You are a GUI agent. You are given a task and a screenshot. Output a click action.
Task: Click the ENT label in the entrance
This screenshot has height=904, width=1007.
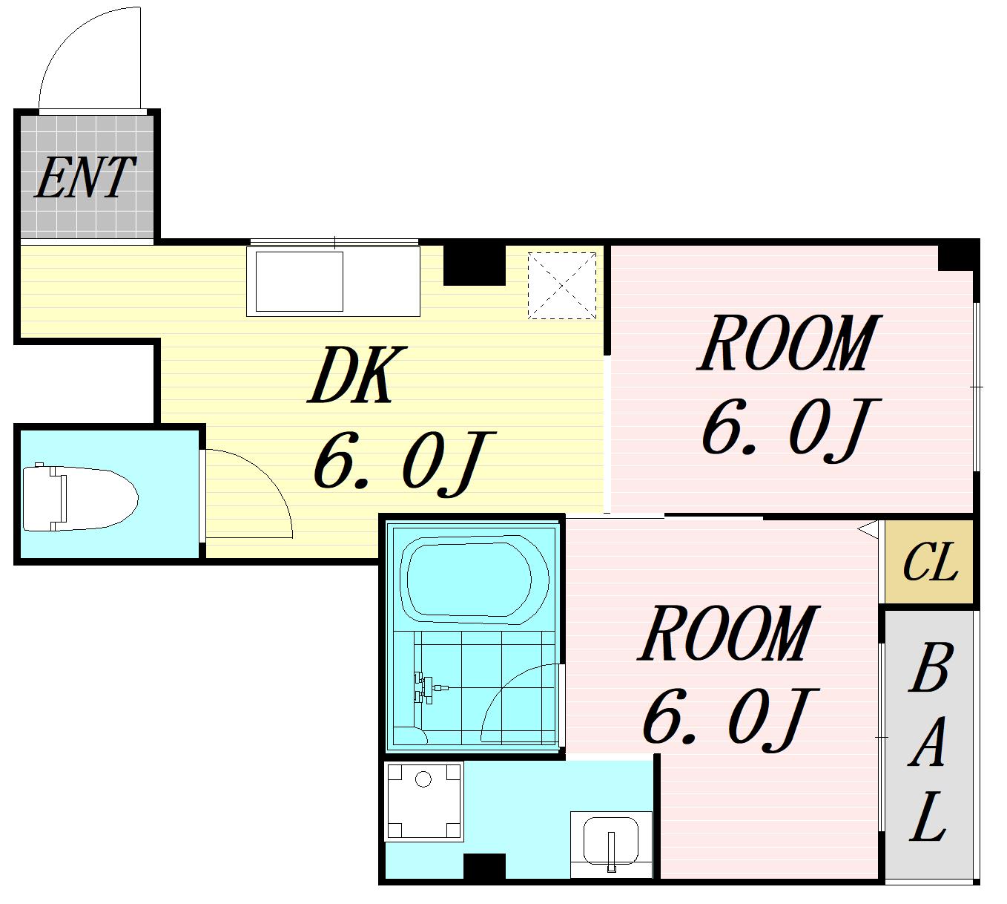(x=85, y=177)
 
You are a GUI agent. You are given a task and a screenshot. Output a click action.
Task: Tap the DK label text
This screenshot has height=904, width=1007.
(x=357, y=375)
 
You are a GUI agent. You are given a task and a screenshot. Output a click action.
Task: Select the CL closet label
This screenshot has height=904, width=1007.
(x=930, y=562)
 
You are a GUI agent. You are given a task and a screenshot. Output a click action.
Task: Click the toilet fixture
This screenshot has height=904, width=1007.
(x=79, y=497)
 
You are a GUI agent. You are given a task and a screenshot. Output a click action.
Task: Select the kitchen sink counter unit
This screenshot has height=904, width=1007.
(x=334, y=281)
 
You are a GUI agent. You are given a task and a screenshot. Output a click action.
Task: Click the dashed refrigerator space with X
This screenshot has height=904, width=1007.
(x=561, y=286)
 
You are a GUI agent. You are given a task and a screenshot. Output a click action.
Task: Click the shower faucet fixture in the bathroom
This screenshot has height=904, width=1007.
(x=426, y=688)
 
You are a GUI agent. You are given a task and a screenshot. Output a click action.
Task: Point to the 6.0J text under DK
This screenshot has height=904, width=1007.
(x=403, y=464)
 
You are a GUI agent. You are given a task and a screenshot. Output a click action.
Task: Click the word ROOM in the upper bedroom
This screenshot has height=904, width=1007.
(x=789, y=344)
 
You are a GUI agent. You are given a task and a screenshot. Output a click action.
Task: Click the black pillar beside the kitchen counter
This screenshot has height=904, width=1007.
(x=474, y=265)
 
